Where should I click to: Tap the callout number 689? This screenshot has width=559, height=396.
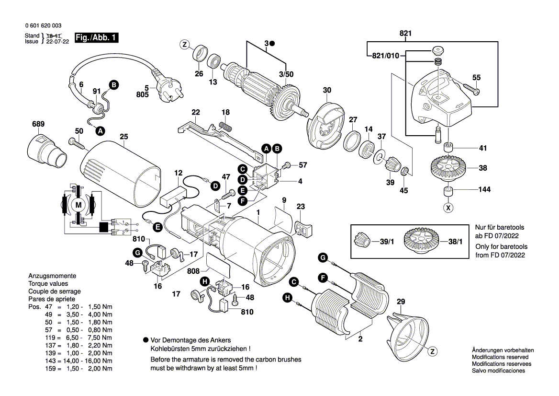click(x=38, y=124)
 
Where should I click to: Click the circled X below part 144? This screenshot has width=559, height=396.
click(x=448, y=208)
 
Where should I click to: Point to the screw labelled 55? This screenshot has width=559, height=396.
click(x=471, y=89)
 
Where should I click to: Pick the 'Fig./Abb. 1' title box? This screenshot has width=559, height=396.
click(x=96, y=38)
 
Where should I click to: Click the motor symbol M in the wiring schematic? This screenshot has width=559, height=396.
click(x=78, y=205)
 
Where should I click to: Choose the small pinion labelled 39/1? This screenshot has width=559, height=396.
click(x=363, y=240)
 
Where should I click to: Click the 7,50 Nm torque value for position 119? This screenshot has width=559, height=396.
click(x=101, y=338)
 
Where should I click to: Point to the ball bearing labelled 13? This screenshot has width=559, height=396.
click(x=213, y=62)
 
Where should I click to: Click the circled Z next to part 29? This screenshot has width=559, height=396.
click(x=433, y=351)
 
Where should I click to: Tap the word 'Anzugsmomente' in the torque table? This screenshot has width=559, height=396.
click(x=52, y=277)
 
